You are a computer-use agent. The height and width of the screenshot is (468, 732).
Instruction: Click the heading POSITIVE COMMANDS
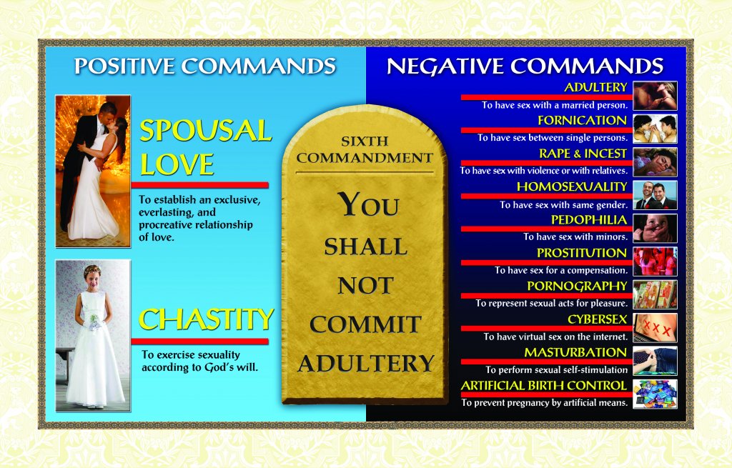[x=205, y=66]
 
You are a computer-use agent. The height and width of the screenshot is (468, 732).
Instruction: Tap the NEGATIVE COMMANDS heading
[x=525, y=66]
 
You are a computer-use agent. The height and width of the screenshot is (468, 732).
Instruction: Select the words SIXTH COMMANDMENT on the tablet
[x=365, y=149]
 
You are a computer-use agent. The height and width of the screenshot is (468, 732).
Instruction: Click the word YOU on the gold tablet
[x=369, y=204]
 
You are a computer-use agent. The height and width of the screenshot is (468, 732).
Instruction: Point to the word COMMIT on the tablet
[x=365, y=324]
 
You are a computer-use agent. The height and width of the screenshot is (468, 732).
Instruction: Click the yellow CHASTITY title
[x=206, y=319]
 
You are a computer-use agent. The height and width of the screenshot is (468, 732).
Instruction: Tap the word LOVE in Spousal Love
[x=177, y=164]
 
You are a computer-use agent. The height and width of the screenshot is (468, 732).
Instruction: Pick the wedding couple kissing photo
[x=93, y=171]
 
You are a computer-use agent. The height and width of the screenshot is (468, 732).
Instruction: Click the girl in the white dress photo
[x=93, y=336]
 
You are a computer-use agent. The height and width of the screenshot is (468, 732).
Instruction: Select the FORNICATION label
[x=582, y=120]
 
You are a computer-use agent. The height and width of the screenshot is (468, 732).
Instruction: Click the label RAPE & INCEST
[x=583, y=154]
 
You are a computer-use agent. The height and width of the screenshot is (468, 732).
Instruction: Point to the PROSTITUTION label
[x=582, y=253]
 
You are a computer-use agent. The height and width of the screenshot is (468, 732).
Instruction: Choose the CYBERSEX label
[x=597, y=319]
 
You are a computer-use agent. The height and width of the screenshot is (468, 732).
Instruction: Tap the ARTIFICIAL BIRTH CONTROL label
[x=544, y=385]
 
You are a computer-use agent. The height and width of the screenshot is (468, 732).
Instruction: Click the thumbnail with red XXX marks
[x=655, y=328]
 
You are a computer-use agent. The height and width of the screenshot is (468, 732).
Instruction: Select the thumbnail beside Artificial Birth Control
[x=655, y=394]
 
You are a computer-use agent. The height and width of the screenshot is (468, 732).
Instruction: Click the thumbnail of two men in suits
[x=655, y=196]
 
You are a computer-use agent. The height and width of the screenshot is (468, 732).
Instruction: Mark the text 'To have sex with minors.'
[x=575, y=237]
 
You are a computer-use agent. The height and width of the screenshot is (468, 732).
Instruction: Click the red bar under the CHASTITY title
[x=200, y=342]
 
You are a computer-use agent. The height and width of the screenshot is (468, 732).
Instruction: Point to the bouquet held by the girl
[x=95, y=322]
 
